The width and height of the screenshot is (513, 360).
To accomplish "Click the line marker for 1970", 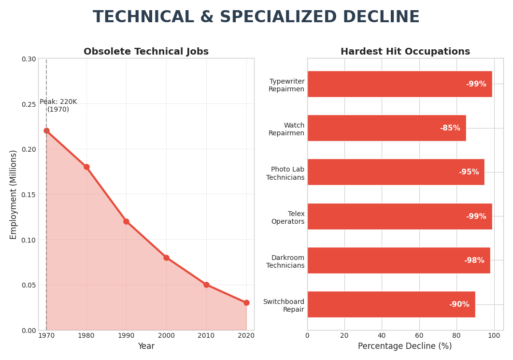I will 46,130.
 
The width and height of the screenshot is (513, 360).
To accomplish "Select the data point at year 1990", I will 126,221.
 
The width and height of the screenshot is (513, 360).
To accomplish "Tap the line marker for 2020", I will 246,302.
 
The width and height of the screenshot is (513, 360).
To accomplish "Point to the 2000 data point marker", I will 166,258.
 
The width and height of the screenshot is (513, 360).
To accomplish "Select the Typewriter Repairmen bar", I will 399,84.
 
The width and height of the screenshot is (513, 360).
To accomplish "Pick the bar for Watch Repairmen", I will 386,128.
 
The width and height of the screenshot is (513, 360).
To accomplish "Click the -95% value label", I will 469,172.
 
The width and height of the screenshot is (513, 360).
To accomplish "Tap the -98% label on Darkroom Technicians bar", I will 474,260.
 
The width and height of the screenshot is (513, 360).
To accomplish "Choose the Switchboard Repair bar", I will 391,304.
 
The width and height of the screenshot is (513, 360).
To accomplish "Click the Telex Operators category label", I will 288,217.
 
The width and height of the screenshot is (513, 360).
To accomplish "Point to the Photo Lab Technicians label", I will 285,173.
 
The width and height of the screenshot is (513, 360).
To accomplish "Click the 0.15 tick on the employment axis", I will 28,194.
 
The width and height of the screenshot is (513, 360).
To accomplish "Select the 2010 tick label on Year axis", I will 206,335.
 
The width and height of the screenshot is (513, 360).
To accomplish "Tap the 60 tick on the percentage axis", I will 419,335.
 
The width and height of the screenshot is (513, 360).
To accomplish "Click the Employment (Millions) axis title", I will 14,194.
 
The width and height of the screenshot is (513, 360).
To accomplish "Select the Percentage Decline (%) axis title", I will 405,346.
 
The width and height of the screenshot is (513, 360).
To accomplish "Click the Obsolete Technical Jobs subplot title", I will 146,52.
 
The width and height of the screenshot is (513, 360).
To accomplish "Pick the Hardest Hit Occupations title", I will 405,52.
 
